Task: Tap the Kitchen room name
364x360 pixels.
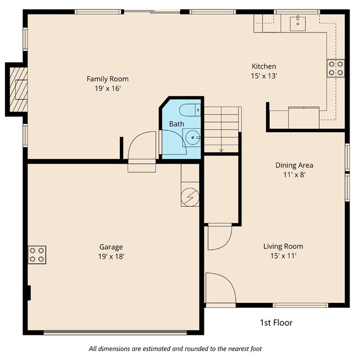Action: (x=263, y=67)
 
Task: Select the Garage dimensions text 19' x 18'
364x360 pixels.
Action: (x=111, y=256)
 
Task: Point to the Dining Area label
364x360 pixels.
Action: (x=294, y=165)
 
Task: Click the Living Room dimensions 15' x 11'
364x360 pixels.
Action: (x=283, y=256)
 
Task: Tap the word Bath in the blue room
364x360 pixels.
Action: (x=176, y=124)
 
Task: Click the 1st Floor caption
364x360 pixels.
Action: (x=276, y=322)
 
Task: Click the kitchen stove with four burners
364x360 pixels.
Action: (x=335, y=68)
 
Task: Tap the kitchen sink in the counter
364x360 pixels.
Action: (x=297, y=23)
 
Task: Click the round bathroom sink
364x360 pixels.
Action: (x=193, y=137)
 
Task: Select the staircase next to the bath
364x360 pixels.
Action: (x=222, y=129)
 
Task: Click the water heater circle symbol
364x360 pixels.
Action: (x=190, y=197)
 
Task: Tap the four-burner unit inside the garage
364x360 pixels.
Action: (x=38, y=255)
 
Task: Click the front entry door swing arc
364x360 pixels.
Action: (x=220, y=288)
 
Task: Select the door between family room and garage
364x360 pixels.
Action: (x=142, y=148)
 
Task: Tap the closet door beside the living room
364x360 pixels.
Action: (x=219, y=236)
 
